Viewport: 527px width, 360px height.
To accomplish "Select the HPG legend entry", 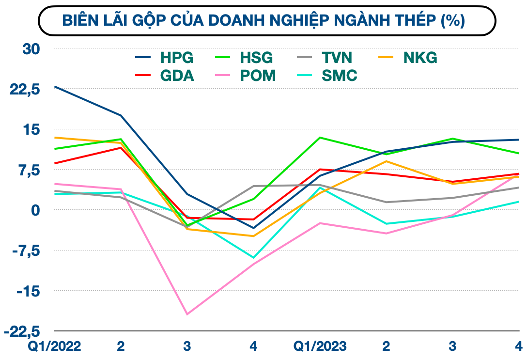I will pos(164,58).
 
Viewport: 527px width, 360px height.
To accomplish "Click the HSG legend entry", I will pos(243,58).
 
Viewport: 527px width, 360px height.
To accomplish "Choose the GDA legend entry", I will pos(164,76).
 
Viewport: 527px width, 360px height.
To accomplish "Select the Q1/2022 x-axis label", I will pos(54,346).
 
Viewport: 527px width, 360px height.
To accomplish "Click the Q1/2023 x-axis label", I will pos(320,346).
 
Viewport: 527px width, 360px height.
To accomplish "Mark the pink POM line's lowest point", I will pos(187,314).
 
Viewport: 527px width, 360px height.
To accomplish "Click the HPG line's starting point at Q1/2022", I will pos(55,86).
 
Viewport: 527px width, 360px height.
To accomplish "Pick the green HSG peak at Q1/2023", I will pos(320,137).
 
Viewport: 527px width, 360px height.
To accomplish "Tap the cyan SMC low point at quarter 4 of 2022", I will pos(253,258).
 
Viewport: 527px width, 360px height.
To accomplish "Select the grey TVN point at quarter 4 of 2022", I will pos(253,186).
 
